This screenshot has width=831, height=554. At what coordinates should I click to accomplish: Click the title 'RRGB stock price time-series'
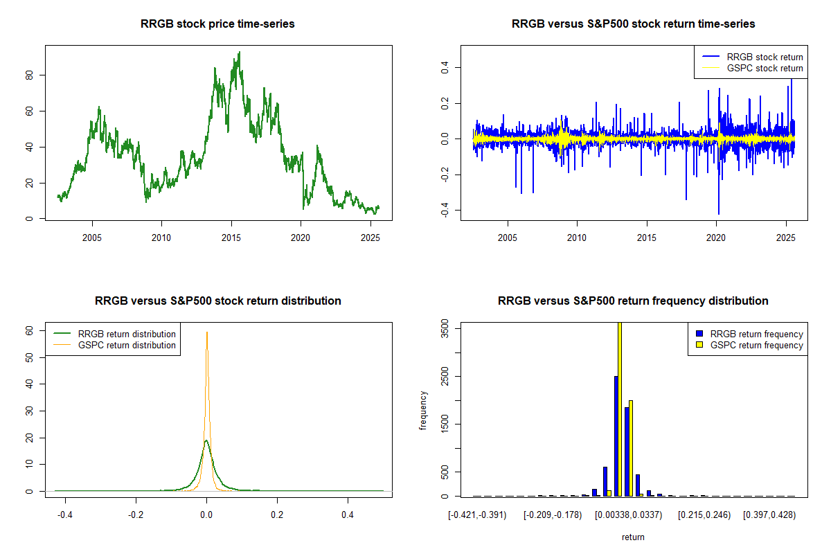219,24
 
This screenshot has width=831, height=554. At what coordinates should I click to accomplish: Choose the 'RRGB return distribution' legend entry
127,334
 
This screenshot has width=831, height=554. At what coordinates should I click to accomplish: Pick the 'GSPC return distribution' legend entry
127,345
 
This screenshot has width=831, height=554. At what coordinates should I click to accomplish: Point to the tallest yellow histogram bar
620,409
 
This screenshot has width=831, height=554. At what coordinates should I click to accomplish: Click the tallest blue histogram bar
616,436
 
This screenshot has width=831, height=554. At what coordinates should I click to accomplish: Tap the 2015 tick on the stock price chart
231,238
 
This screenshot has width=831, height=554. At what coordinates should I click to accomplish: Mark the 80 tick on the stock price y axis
29,75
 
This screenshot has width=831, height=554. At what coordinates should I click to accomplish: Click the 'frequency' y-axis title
424,411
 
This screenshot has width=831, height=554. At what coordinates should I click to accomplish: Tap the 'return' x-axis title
633,537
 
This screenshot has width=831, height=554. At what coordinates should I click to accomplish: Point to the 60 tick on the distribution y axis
29,330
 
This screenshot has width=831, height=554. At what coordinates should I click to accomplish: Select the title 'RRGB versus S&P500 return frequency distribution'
633,301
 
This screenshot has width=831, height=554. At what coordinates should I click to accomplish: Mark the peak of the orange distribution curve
206,332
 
